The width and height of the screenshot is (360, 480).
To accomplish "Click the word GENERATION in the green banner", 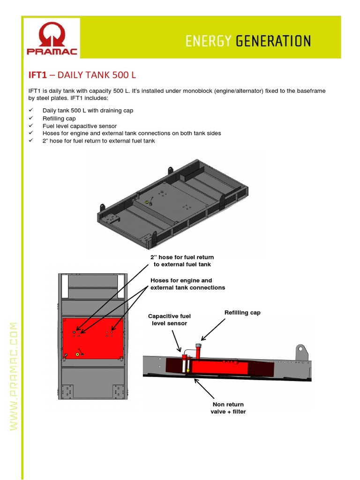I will coord(273,41).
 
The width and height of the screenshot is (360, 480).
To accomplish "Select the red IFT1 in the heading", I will coord(38,75).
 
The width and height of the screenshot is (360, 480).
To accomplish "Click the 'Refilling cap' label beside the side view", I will coord(242,313).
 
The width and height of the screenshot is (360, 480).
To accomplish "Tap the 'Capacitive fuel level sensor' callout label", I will coord(169,320).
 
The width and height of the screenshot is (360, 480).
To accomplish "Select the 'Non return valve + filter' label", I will coord(228,408).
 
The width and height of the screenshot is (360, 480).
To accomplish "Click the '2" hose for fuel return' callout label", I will coord(182,261).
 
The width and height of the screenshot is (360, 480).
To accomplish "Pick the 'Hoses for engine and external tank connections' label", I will coord(187,284).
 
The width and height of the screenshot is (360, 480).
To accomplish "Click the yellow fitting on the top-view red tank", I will coord(77,355).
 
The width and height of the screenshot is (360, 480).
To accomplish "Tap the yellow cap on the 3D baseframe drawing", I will coord(148,202).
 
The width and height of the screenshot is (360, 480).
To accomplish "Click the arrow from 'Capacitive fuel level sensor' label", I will coord(176,340).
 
